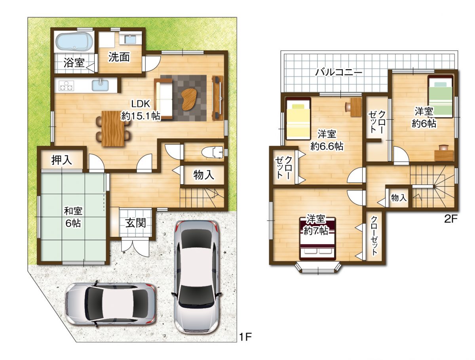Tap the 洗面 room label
tap(119, 57)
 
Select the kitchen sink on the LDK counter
tap(101, 85)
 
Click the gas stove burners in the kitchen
tap(66, 85)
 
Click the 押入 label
tap(62, 160)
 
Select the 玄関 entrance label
tap(136, 223)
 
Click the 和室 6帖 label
tap(73, 217)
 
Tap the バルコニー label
tap(338, 73)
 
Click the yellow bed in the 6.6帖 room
tap(298, 119)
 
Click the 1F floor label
tap(245, 337)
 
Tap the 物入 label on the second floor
tap(398, 198)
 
